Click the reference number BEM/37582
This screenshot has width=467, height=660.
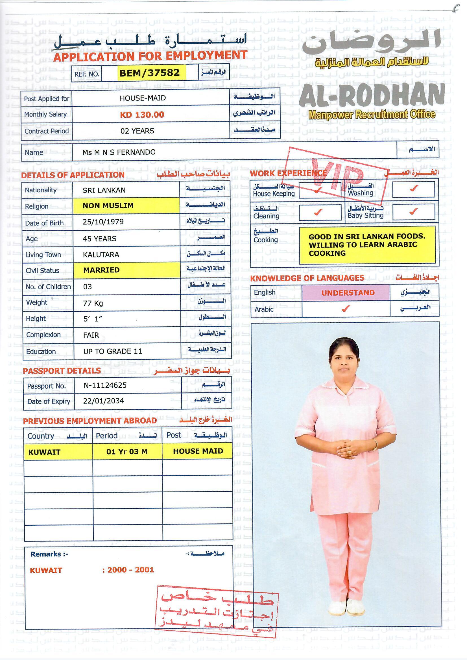149,73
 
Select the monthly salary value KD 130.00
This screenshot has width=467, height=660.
142,115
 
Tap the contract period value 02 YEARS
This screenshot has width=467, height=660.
137,131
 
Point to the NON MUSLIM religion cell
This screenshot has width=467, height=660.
108,206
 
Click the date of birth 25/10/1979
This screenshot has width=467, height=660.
103,222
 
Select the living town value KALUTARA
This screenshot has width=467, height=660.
101,255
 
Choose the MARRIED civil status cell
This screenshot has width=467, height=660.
101,270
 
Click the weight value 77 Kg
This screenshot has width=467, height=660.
93,303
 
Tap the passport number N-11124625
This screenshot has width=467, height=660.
105,386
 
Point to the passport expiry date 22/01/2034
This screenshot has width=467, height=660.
103,401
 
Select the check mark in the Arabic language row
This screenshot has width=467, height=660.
346,309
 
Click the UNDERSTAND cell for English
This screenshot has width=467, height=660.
348,293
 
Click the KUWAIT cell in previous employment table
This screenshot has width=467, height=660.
44,452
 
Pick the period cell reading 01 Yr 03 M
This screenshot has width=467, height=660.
127,452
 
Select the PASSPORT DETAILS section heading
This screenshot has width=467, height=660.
62,371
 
